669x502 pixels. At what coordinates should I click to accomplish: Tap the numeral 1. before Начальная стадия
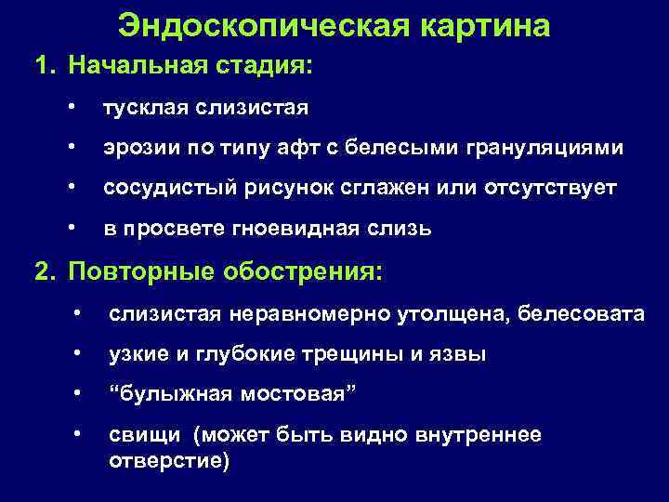[x=46, y=68]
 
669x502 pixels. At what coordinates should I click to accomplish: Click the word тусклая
[x=146, y=109]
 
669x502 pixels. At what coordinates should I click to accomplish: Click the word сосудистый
[x=160, y=189]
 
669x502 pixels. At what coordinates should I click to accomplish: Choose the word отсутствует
[x=550, y=189]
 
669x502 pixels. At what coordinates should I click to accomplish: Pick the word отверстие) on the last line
[x=168, y=460]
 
